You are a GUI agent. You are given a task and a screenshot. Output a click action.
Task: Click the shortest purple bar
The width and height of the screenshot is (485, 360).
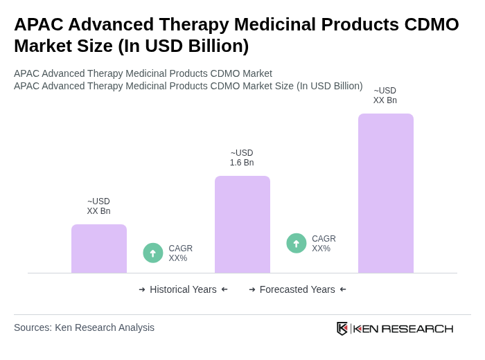click(x=99, y=249)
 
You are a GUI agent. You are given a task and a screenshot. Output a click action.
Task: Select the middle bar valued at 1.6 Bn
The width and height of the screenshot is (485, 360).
click(x=242, y=224)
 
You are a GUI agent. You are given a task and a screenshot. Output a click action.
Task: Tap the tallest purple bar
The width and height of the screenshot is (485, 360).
click(x=386, y=193)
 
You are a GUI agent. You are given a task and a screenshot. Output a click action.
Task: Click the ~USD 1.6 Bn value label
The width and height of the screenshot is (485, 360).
click(x=242, y=158)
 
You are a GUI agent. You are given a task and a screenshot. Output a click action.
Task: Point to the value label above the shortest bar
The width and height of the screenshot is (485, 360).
click(x=98, y=206)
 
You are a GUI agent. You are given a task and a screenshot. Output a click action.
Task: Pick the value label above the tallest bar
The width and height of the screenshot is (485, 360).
click(x=385, y=96)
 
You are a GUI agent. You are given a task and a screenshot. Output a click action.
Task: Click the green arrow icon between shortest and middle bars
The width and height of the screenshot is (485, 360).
click(x=153, y=253)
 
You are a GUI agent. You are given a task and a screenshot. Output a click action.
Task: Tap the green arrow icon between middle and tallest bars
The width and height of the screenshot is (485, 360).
click(x=297, y=244)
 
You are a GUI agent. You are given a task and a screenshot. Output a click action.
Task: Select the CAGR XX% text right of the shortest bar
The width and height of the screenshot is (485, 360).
click(x=180, y=253)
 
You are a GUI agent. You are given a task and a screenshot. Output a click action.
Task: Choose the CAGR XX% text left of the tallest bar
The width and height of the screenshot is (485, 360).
click(x=324, y=244)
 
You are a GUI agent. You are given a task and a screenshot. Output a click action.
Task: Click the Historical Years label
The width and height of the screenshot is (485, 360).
click(x=183, y=289)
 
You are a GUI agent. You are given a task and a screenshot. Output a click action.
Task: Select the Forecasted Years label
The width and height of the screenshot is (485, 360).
click(x=297, y=289)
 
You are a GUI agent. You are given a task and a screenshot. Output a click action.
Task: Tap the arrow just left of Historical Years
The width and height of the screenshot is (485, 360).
click(x=142, y=289)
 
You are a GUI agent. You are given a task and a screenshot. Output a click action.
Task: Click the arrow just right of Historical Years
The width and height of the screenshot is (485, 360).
click(x=224, y=289)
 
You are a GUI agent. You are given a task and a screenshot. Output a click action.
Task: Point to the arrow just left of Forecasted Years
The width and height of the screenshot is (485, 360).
click(x=252, y=289)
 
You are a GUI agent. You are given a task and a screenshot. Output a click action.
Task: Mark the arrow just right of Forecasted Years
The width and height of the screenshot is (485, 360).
click(x=343, y=289)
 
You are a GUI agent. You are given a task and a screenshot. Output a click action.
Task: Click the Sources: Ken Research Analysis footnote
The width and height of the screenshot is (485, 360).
click(x=84, y=327)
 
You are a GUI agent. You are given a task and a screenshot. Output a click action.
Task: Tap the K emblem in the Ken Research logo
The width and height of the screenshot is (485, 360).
click(x=342, y=328)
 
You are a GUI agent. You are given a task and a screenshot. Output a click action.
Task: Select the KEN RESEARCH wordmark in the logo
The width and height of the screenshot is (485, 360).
click(x=403, y=328)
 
